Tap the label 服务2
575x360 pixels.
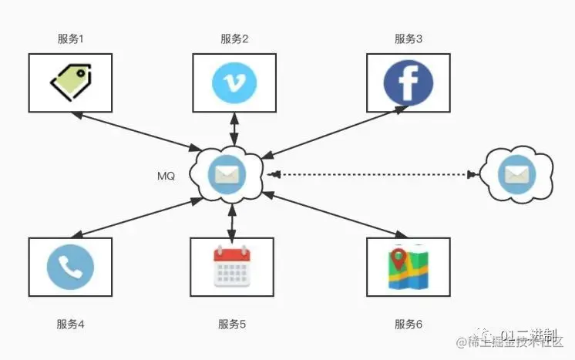pos(234,39)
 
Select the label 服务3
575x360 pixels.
pos(409,39)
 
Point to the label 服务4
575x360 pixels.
pos(70,325)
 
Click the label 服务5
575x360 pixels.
pos(232,325)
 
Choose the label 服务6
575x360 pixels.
pos(409,325)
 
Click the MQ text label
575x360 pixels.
pos(166,176)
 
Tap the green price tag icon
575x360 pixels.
pos(70,81)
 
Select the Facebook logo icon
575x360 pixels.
pos(408,82)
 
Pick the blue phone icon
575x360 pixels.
pos(70,266)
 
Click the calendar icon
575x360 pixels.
pos(232,266)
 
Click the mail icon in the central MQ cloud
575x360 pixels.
pos(230,175)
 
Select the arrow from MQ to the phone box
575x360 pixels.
pos(137,217)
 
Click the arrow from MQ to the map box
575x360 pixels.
pos(337,214)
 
